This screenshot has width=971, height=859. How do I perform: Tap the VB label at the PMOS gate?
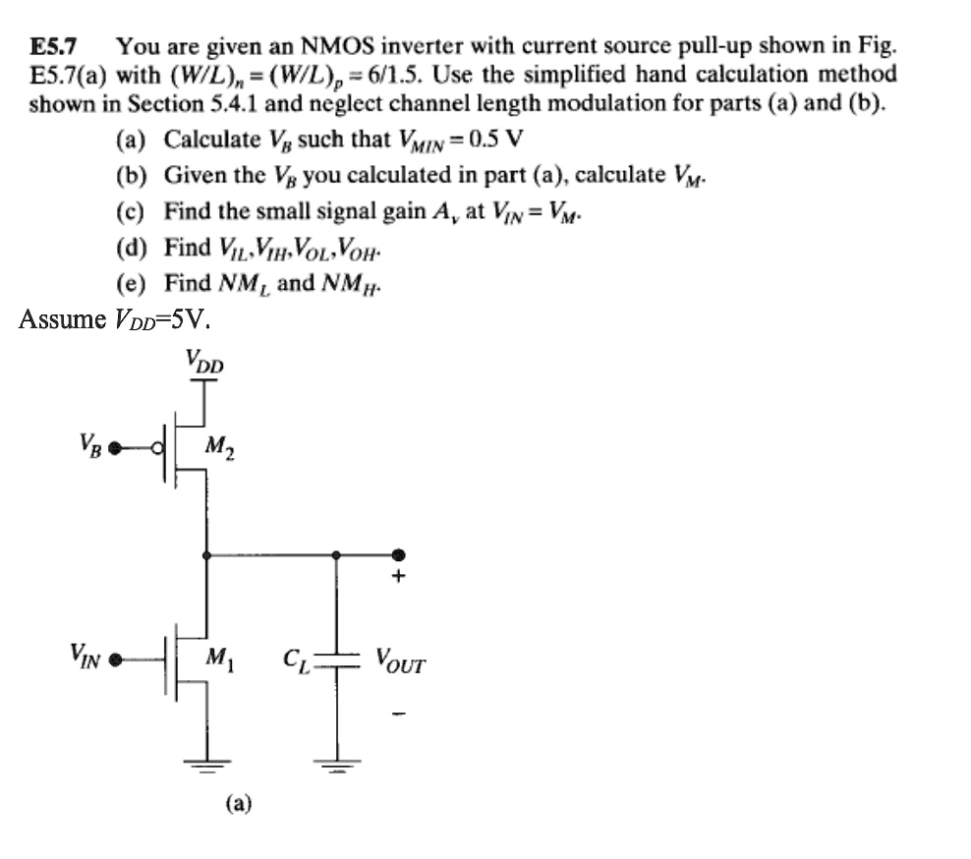[x=89, y=449]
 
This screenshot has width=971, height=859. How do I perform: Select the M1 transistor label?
[x=219, y=658]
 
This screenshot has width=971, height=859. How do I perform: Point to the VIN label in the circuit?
[x=85, y=654]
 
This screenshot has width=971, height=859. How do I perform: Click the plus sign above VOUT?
[x=398, y=579]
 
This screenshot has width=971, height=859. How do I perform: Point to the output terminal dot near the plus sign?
[x=398, y=555]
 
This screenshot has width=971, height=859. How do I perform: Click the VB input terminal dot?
[x=116, y=450]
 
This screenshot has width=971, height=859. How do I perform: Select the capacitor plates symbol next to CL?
[x=336, y=660]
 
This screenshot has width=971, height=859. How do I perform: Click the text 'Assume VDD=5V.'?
[x=115, y=319]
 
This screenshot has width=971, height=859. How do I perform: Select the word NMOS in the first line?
[x=335, y=46]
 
